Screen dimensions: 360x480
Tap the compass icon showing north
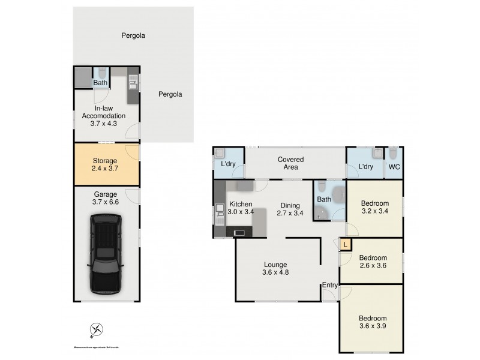click(95, 329)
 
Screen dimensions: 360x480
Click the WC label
click(394, 167)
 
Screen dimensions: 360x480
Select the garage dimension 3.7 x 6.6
click(106, 203)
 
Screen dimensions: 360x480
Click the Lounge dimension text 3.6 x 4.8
click(275, 272)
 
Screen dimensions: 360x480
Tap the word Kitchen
click(240, 204)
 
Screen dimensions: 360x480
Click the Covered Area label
click(290, 163)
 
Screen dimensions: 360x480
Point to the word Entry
click(329, 284)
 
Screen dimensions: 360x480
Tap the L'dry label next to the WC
click(366, 167)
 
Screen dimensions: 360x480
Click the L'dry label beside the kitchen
click(228, 164)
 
